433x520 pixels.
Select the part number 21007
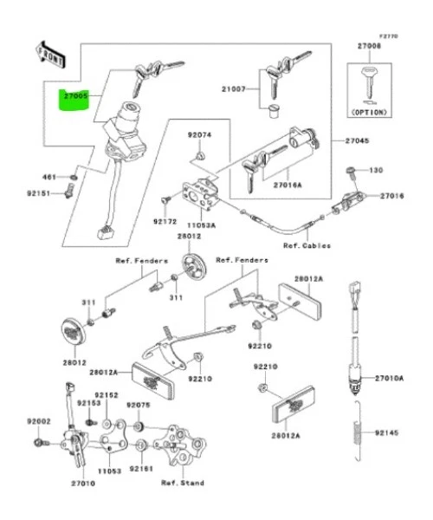[x=234, y=89]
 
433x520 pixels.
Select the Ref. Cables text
[x=307, y=245]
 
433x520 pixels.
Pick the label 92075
[x=139, y=405]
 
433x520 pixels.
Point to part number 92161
[x=142, y=469]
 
